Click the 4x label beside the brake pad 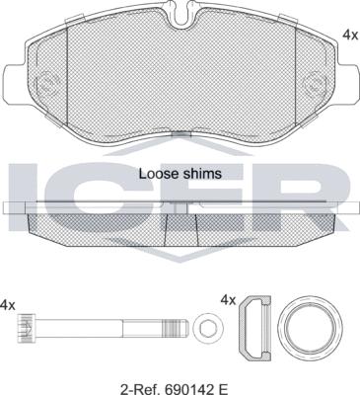coord(350,35)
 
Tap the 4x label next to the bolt coord(8,305)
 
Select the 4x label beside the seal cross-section coord(228,300)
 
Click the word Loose coord(154,174)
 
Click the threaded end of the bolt coord(176,328)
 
